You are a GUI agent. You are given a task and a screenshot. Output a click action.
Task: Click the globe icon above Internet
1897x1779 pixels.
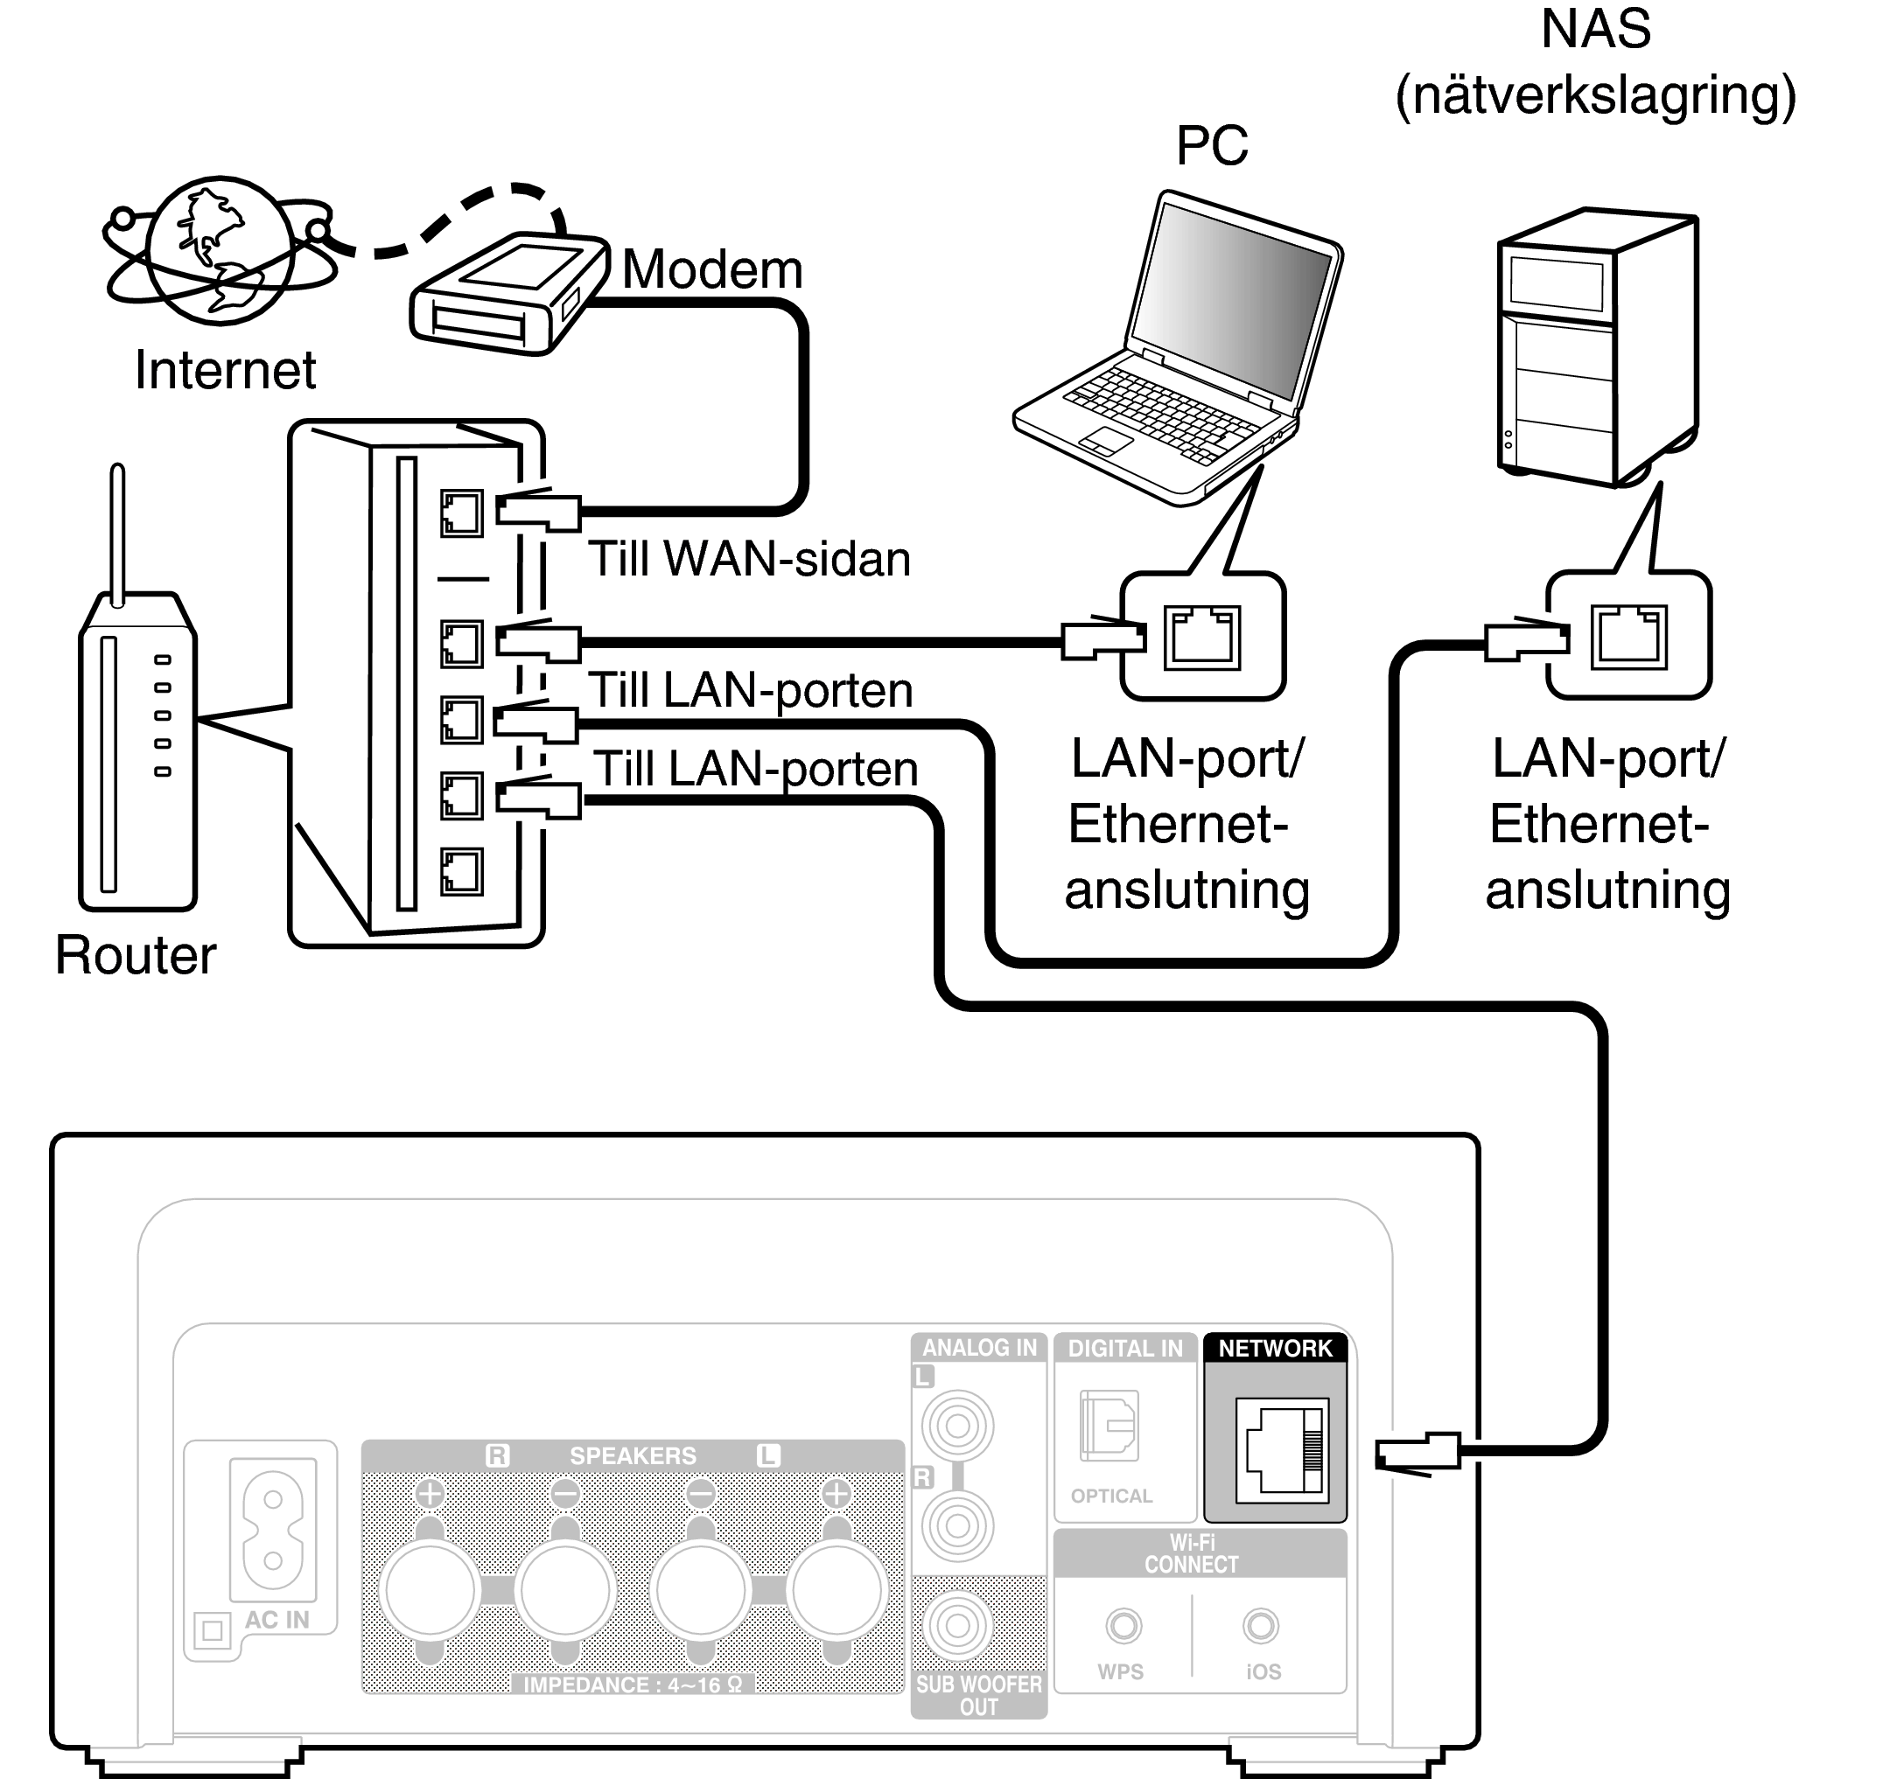220,250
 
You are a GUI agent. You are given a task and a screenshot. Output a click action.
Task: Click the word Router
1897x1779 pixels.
136,955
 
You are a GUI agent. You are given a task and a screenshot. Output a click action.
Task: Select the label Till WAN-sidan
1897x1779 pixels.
749,559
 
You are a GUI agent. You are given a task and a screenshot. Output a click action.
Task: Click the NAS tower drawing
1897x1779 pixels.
1596,348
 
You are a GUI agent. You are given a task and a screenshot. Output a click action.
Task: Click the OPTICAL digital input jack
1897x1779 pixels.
1109,1426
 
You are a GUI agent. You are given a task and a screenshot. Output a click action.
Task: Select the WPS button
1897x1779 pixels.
1123,1625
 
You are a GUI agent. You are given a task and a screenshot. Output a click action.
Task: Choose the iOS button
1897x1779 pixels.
1261,1625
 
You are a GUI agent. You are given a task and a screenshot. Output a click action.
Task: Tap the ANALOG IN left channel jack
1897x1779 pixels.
957,1426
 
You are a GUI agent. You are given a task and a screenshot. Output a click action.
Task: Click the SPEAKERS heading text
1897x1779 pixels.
633,1455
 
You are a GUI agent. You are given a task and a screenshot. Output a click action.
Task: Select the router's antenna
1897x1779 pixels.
117,534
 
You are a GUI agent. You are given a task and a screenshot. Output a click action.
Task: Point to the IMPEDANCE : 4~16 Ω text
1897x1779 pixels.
633,1685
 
